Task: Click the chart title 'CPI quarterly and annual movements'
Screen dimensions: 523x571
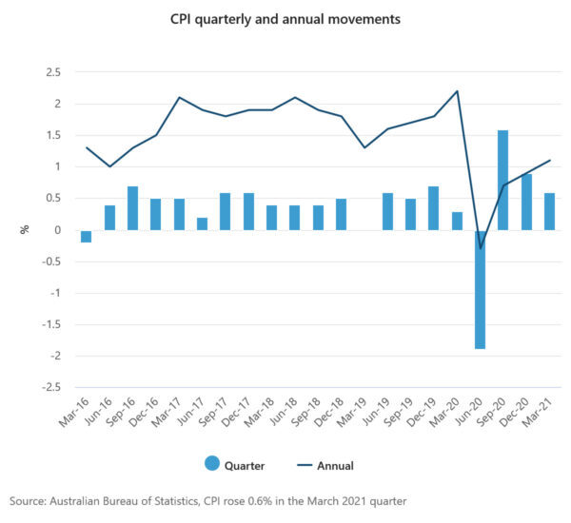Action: coord(285,19)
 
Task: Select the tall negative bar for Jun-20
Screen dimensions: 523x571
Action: coord(480,289)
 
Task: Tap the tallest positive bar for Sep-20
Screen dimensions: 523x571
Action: coord(502,181)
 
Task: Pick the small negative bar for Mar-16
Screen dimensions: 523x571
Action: coord(87,236)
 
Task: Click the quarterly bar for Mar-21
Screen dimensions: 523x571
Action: coord(549,211)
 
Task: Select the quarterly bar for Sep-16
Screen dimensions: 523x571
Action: coord(133,208)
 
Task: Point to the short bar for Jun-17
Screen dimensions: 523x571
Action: coord(202,223)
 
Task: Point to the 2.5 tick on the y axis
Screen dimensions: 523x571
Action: coord(53,72)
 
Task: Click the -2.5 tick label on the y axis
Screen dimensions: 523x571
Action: coord(51,387)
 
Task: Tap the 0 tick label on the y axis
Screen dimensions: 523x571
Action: coord(58,230)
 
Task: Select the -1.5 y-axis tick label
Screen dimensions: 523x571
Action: coord(51,324)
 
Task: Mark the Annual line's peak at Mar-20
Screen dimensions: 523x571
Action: coord(457,91)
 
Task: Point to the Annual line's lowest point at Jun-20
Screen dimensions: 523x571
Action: coord(480,248)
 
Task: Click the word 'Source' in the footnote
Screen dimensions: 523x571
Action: coord(30,500)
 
